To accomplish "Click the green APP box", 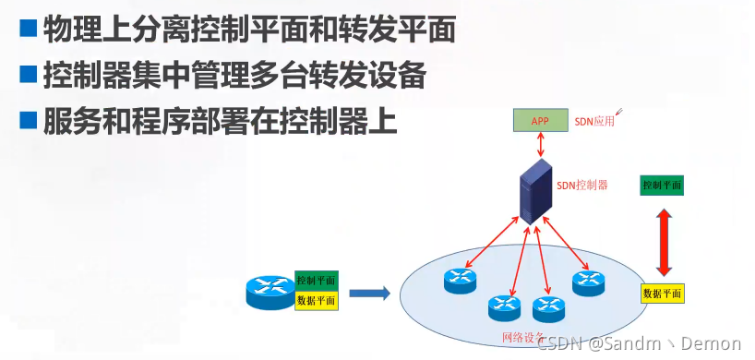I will pyautogui.click(x=541, y=120).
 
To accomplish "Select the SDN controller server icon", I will pyautogui.click(x=533, y=190).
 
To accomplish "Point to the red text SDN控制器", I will pyautogui.click(x=582, y=185).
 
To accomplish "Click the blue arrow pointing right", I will pyautogui.click(x=368, y=294).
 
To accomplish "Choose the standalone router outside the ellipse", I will pyautogui.click(x=270, y=291).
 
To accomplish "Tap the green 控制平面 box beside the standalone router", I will pyautogui.click(x=317, y=280).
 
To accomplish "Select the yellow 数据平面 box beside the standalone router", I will pyautogui.click(x=317, y=301).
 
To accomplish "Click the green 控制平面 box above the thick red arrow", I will pyautogui.click(x=662, y=185).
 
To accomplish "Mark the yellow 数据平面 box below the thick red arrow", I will pyautogui.click(x=663, y=294).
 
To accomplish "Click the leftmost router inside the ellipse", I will pyautogui.click(x=458, y=278).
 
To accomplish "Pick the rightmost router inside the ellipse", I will pyautogui.click(x=587, y=282).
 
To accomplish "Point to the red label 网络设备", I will pyautogui.click(x=523, y=338).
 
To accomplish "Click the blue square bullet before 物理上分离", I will pyautogui.click(x=29, y=29).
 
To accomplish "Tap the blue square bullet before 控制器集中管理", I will pyautogui.click(x=29, y=75).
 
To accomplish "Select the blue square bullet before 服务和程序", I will pyautogui.click(x=29, y=120).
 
